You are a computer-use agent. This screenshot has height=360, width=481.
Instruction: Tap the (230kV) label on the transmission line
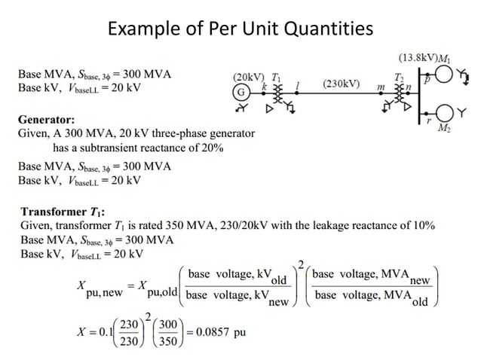point(342,83)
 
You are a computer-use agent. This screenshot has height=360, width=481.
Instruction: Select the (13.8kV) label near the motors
point(419,57)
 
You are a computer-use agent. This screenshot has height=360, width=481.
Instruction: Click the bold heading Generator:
point(46,119)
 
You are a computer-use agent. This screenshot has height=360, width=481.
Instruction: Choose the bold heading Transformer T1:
point(62,212)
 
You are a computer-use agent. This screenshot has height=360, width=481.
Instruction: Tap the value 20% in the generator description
point(208,148)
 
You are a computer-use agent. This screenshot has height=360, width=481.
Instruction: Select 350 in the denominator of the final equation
point(167,341)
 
